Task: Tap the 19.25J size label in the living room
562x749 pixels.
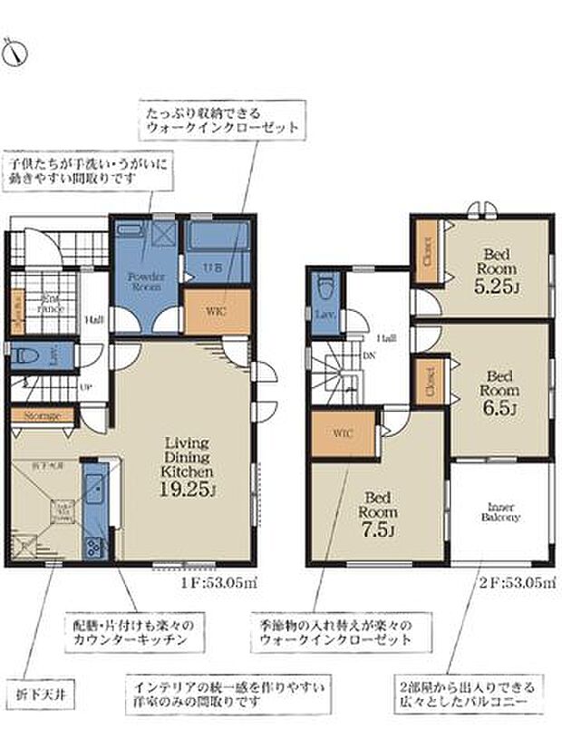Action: (x=188, y=491)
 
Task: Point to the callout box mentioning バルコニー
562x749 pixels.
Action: (x=470, y=694)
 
